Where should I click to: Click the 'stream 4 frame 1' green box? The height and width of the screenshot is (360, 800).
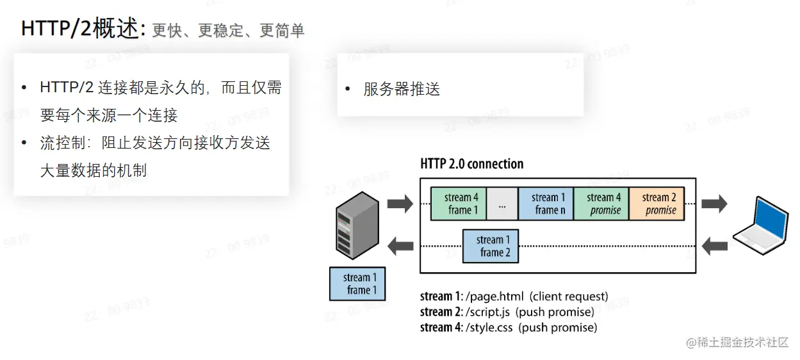(458, 204)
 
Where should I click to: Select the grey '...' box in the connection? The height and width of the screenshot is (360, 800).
(502, 204)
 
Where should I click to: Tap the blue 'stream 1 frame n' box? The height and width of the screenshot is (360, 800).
(546, 204)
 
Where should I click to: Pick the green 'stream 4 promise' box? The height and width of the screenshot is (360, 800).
(601, 204)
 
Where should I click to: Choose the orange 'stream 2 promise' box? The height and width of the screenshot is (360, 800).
(657, 204)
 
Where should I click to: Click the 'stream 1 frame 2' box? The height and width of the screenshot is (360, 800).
(491, 246)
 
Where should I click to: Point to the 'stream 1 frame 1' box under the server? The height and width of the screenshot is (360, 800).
(357, 284)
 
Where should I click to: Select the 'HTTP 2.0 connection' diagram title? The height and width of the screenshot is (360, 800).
(471, 164)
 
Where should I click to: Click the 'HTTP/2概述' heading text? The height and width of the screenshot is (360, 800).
(79, 29)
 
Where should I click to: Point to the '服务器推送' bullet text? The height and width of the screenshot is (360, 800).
(402, 90)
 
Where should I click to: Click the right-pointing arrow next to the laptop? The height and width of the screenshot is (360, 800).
(714, 204)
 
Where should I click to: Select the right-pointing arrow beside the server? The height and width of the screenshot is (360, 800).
(400, 204)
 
